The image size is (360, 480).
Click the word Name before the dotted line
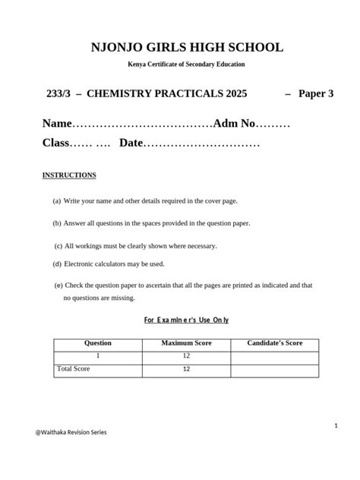pos(57,123)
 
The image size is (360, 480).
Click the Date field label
pos(131,143)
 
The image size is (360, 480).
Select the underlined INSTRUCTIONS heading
pos(69,175)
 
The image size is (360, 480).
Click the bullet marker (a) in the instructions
pos(57,201)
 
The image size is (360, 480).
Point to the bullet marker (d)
pos(57,264)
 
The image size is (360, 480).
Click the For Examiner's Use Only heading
pos(186,320)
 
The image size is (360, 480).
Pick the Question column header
pos(97,343)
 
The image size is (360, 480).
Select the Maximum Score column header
pos(186,343)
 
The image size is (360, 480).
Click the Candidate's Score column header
pos(275,343)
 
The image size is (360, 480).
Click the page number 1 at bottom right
pos(336,426)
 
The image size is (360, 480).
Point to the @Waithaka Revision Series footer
pos(71,432)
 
